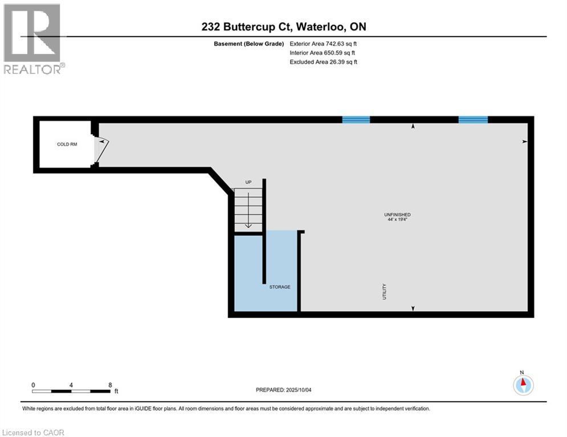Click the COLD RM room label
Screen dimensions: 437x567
click(67, 145)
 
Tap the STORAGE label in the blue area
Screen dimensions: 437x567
click(280, 287)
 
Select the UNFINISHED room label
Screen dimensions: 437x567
click(397, 215)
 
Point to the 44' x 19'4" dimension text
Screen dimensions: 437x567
click(397, 220)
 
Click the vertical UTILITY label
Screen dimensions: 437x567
click(385, 291)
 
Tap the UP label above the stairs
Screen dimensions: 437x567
click(248, 183)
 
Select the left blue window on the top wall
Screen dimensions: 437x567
click(356, 119)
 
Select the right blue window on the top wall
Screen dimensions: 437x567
click(473, 119)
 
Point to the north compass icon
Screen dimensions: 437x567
click(523, 385)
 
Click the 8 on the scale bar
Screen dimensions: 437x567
click(109, 385)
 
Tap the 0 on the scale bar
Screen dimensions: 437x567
click(33, 385)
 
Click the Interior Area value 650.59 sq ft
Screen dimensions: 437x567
click(341, 53)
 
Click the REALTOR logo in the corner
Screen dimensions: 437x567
click(33, 39)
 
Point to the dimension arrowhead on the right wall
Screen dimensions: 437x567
click(525, 141)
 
